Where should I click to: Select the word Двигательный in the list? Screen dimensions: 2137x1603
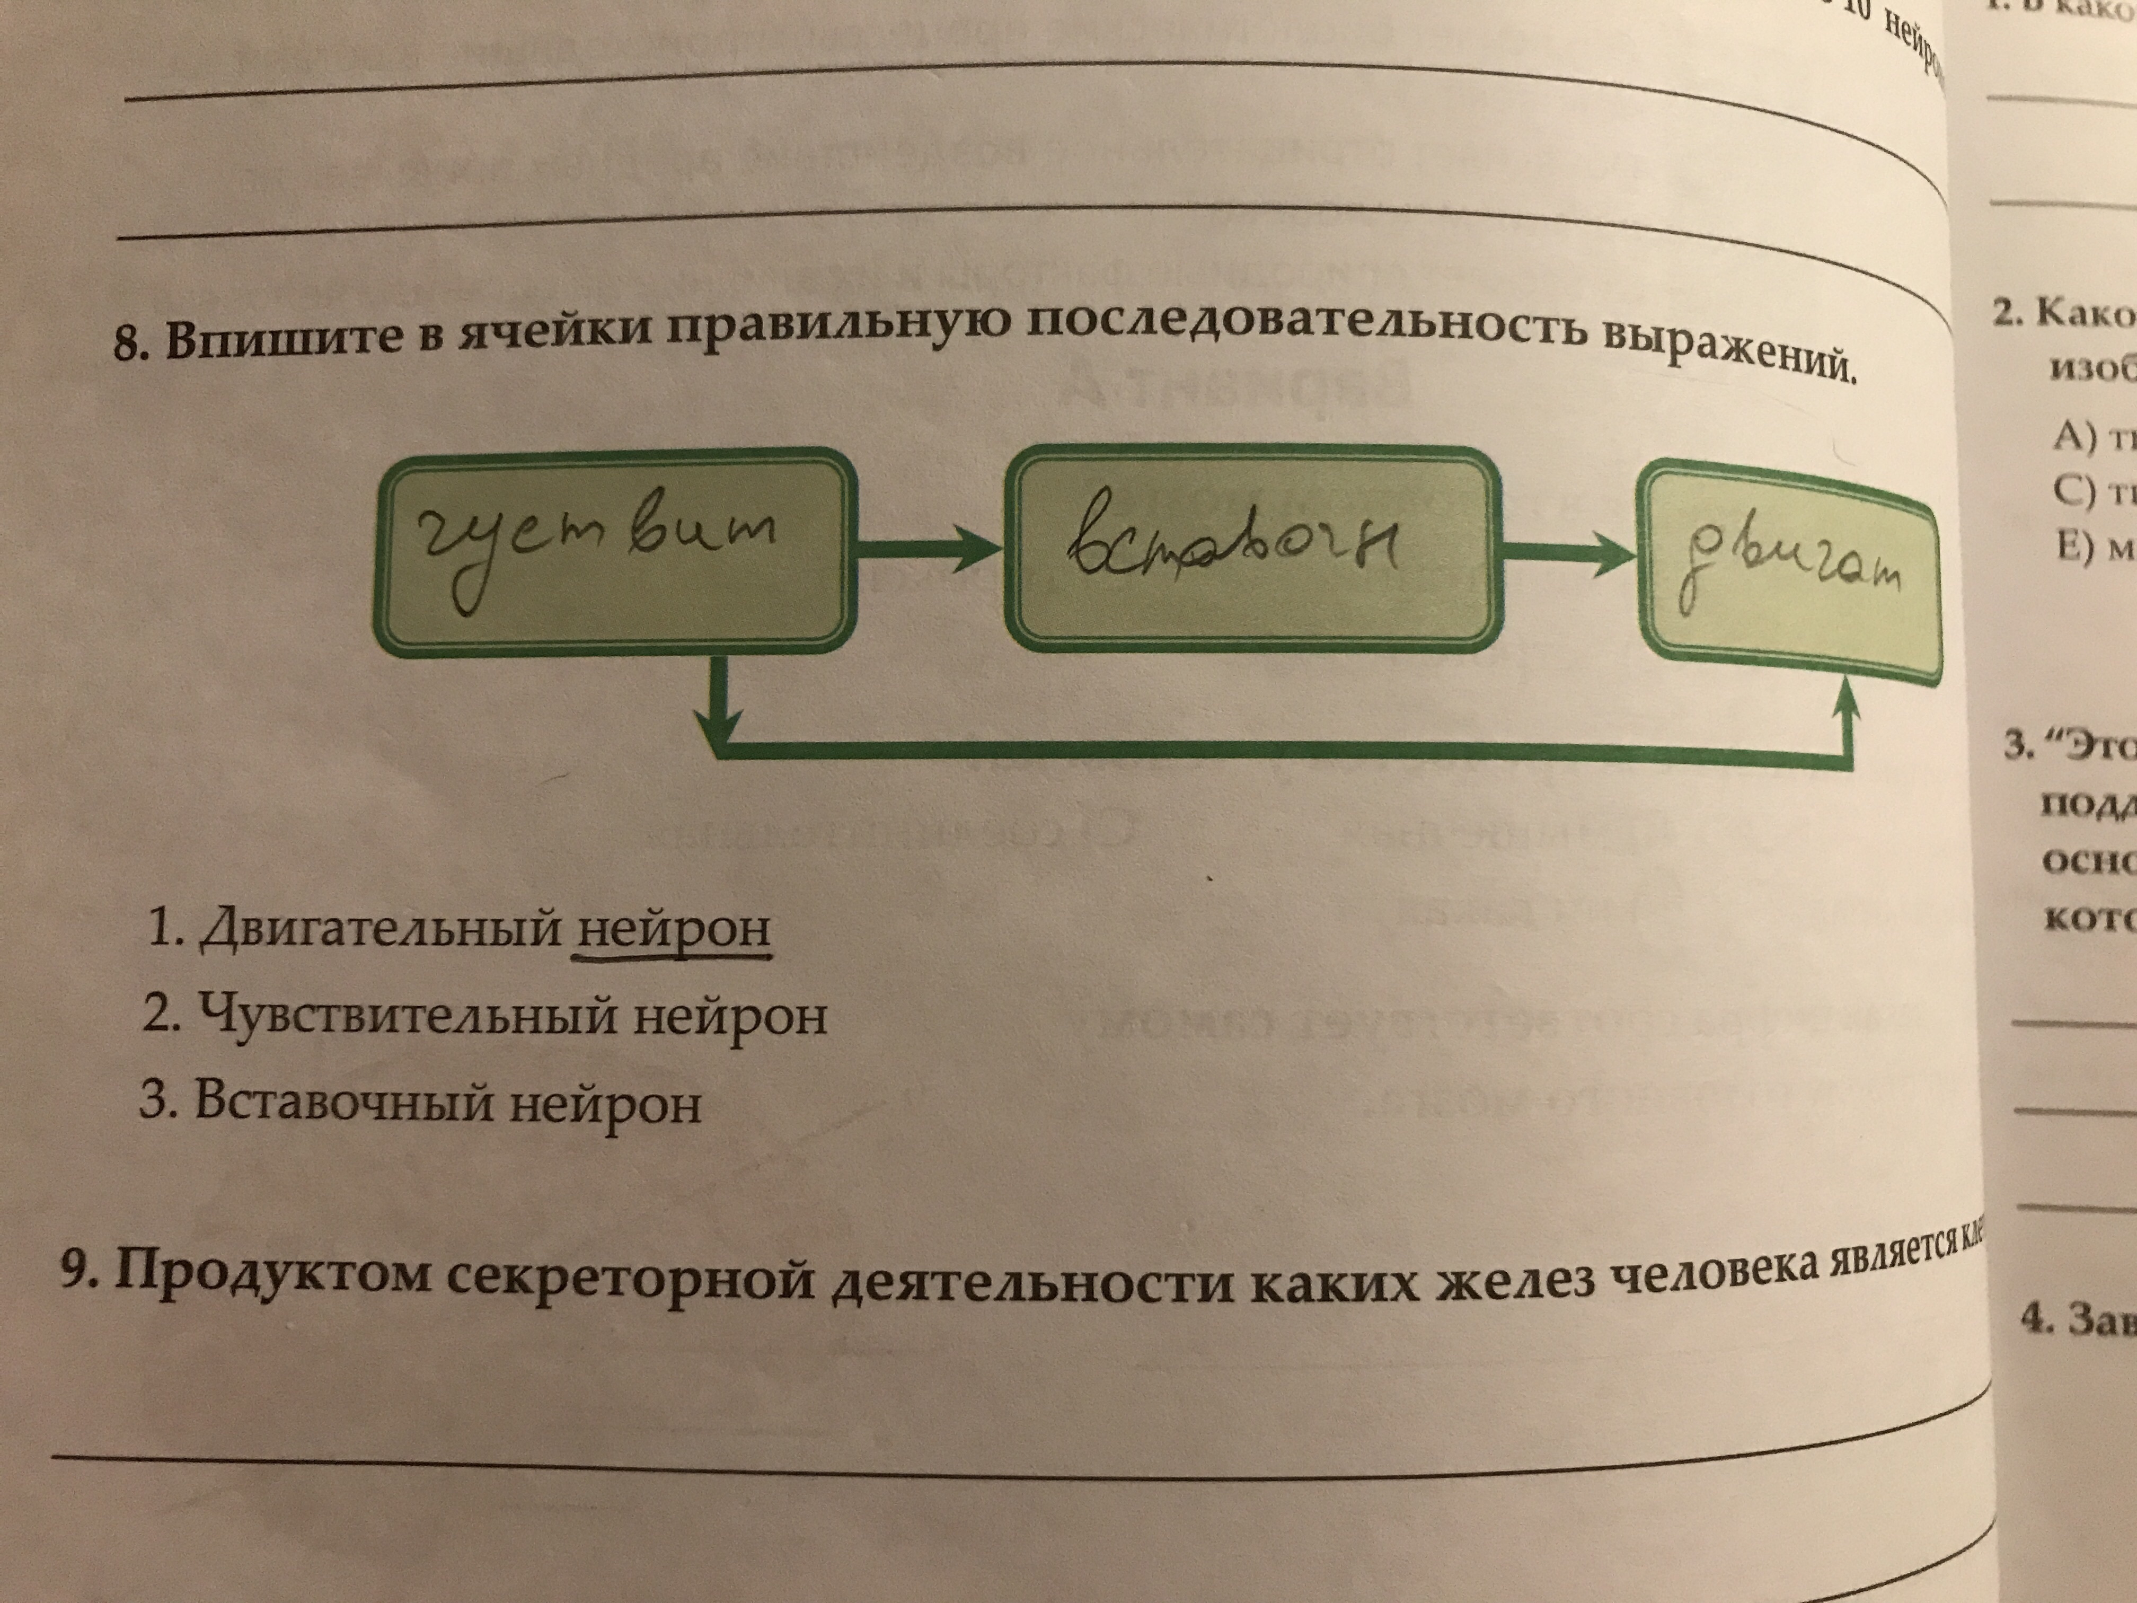pyautogui.click(x=379, y=928)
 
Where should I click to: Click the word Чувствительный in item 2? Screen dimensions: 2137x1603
pyautogui.click(x=406, y=1016)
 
